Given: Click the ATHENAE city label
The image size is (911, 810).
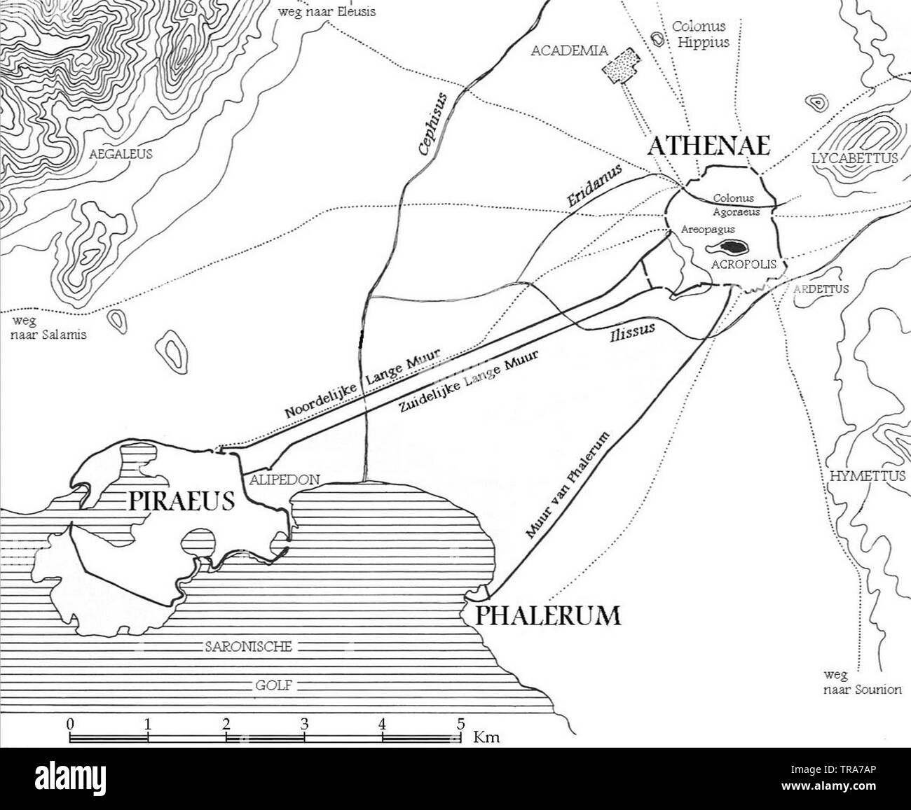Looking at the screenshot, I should pyautogui.click(x=708, y=146).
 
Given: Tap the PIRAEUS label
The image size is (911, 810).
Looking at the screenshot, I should pyautogui.click(x=181, y=501).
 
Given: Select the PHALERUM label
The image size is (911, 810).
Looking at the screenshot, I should pyautogui.click(x=548, y=615).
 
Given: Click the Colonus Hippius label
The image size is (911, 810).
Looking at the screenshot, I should pyautogui.click(x=700, y=34).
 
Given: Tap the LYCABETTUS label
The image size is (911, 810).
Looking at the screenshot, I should pyautogui.click(x=854, y=159).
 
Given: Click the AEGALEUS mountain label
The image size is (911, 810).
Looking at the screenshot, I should pyautogui.click(x=121, y=154).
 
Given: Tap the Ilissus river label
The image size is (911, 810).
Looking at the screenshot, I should pyautogui.click(x=631, y=332).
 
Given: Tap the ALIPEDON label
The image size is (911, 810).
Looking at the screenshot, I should pyautogui.click(x=280, y=480).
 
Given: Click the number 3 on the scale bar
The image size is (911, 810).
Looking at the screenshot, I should pyautogui.click(x=304, y=725).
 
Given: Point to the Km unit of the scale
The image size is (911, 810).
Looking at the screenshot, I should pyautogui.click(x=486, y=736).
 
